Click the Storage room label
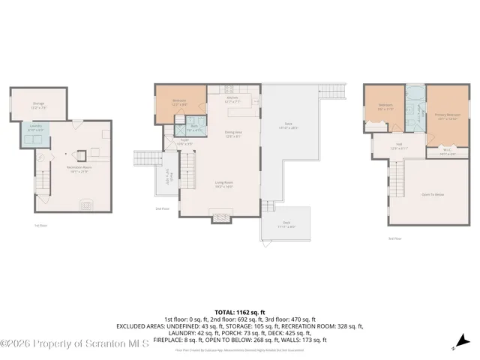(x=38, y=104)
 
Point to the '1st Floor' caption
(x=40, y=224)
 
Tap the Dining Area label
(x=233, y=134)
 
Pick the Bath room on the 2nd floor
(x=193, y=127)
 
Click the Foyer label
(x=184, y=141)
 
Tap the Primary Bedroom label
(x=447, y=116)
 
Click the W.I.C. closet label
(x=446, y=151)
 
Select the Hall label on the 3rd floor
(x=398, y=147)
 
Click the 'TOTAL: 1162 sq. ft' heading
(x=239, y=310)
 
